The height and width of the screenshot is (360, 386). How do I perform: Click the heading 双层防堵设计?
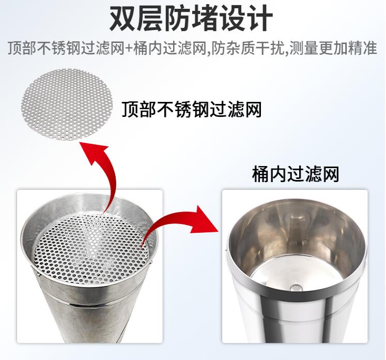click(191, 18)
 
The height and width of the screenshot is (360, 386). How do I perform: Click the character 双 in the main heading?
click(123, 18)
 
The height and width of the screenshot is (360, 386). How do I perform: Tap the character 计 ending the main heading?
click(259, 18)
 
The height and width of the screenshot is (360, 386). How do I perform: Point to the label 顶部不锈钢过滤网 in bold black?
click(192, 110)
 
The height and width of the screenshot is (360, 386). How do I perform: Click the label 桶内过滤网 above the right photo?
click(296, 174)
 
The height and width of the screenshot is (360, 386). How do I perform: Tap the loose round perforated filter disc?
click(67, 104)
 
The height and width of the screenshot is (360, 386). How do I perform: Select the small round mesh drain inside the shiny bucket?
click(295, 287)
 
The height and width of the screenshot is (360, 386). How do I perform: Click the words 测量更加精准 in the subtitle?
click(333, 48)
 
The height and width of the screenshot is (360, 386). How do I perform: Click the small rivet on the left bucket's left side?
click(38, 274)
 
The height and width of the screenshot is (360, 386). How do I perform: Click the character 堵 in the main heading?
click(205, 18)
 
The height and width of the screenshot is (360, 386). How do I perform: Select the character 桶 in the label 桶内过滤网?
click(260, 174)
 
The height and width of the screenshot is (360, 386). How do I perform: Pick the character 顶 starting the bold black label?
click(130, 110)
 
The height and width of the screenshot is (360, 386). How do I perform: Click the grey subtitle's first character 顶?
click(15, 48)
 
